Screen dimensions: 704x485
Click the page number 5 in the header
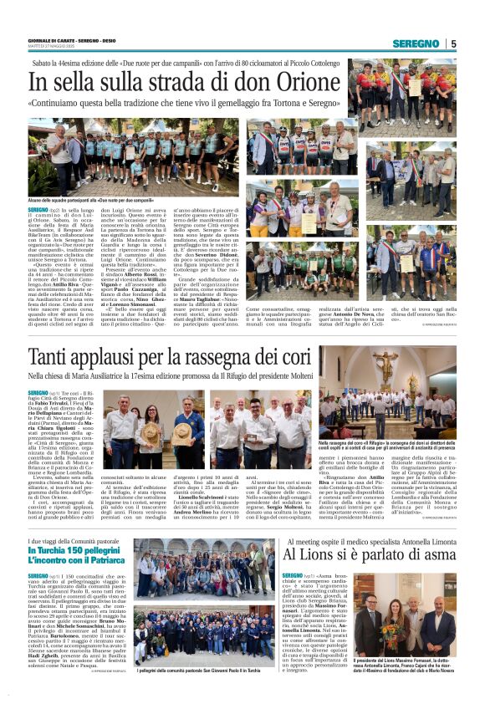coord(453,43)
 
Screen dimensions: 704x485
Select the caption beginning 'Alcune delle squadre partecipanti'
coord(83,201)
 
